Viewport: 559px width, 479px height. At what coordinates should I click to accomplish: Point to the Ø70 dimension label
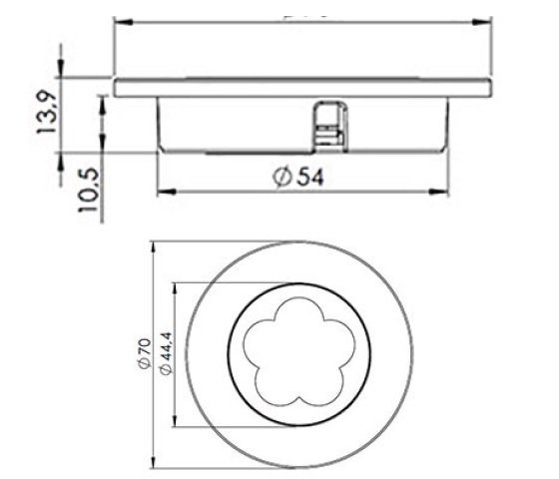tap(143, 355)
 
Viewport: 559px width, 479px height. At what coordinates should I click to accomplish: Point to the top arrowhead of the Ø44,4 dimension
tap(176, 286)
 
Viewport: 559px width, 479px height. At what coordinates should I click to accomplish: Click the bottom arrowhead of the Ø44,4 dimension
tap(176, 424)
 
